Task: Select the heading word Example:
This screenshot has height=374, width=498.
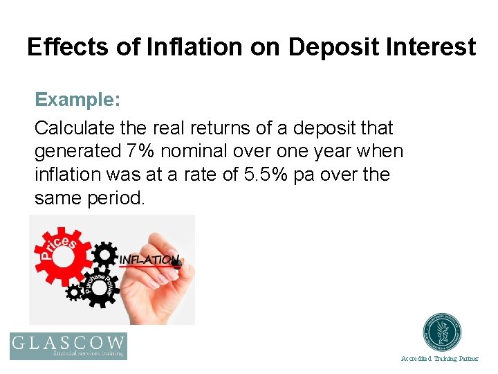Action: (77, 100)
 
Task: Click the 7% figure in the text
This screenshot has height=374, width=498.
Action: (137, 151)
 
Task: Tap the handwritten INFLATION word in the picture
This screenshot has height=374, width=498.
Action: (149, 260)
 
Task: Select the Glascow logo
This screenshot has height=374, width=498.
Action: (68, 346)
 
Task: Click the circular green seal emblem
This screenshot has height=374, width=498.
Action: (443, 332)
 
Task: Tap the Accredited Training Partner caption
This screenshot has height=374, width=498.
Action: (439, 359)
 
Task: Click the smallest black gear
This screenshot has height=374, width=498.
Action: (74, 292)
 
